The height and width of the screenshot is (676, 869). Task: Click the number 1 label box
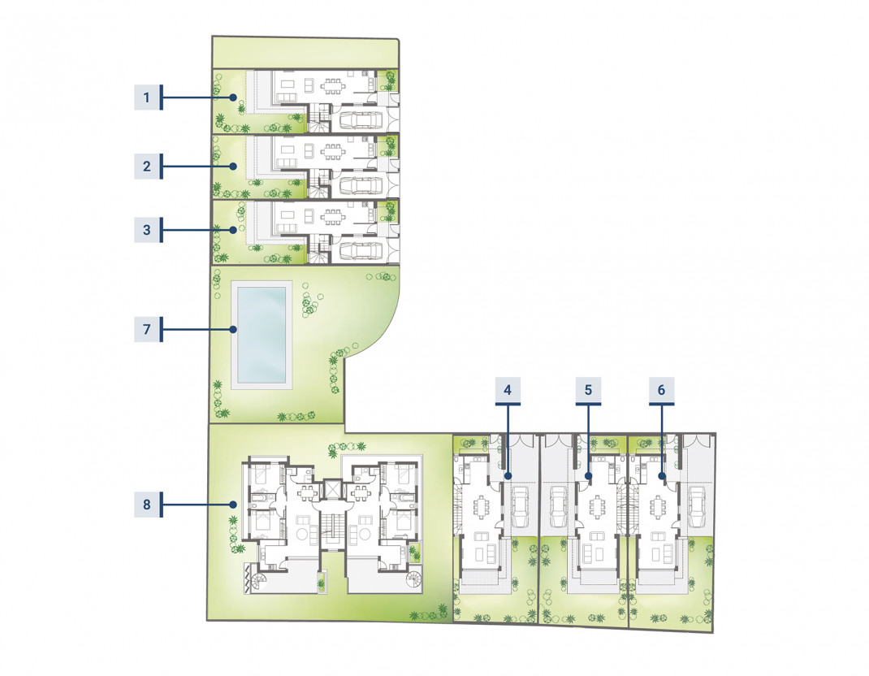pos(146,97)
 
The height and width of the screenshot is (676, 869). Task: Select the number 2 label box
pos(146,167)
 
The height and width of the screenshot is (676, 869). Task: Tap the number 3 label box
pos(146,230)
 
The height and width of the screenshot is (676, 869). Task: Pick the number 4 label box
pos(508,390)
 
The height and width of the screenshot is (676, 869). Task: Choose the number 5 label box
pos(588,390)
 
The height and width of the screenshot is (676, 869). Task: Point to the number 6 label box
pos(661,390)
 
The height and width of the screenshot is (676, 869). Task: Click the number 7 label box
pos(146,329)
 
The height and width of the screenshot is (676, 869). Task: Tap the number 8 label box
pos(146,504)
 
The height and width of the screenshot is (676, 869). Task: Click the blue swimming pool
pos(262,335)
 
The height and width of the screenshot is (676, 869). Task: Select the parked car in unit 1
pos(361,119)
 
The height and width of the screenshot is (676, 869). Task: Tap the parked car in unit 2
pos(361,186)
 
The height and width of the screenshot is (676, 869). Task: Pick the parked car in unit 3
pos(361,251)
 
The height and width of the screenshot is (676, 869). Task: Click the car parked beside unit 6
pos(696,505)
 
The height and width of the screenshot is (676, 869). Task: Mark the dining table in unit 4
pos(481,506)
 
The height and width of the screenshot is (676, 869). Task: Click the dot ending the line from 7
pos(233,329)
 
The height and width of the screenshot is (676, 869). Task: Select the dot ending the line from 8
pos(234,504)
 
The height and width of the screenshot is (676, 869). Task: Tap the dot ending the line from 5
pos(589,476)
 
